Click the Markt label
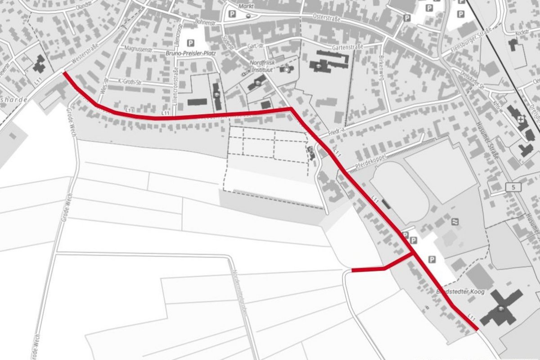click(247, 6)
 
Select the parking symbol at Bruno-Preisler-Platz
click(191, 43)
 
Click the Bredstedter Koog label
click(460, 292)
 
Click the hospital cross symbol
click(521, 120)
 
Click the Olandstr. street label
click(87, 7)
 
